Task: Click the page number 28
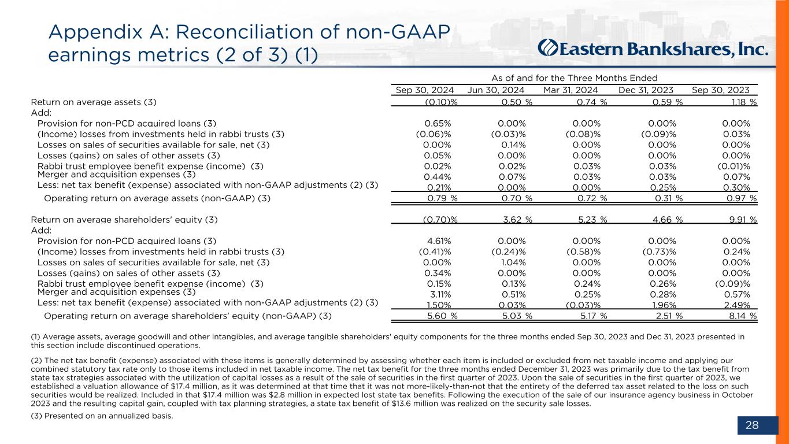pos(752,426)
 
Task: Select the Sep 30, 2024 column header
pos(424,90)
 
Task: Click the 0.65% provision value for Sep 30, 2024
pos(438,123)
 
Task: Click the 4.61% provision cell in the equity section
pos(438,240)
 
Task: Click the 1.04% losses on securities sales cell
pos(512,262)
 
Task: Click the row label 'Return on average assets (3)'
pos(94,102)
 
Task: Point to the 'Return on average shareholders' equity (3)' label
pos(124,220)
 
